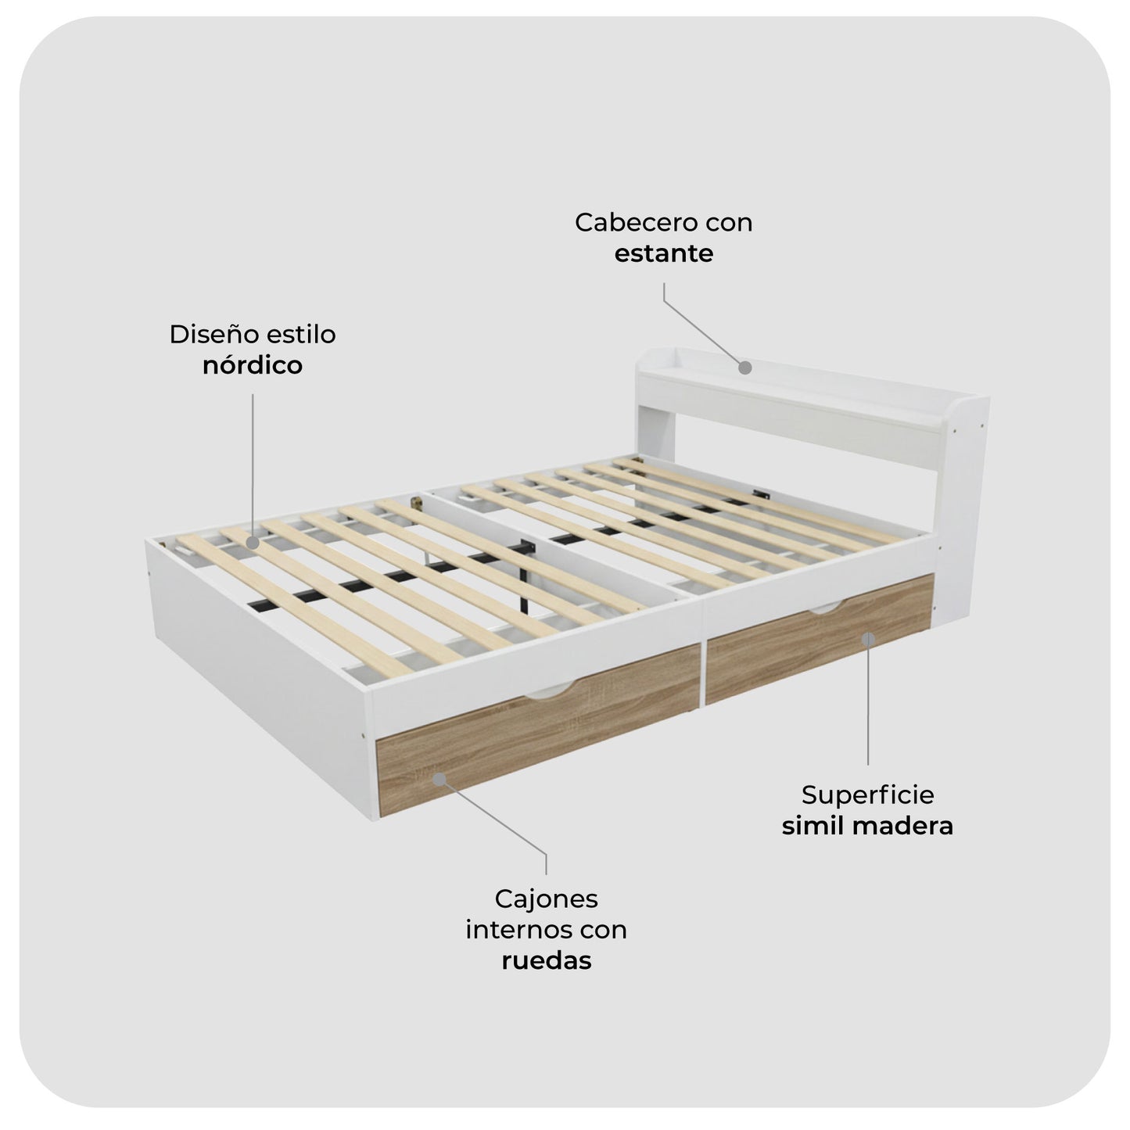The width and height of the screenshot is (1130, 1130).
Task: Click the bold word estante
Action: click(663, 253)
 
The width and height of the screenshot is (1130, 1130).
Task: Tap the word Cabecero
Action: click(623, 222)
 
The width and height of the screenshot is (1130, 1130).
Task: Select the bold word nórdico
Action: click(252, 365)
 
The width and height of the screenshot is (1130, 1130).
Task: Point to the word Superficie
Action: click(867, 795)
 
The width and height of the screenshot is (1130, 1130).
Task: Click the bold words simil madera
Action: click(867, 827)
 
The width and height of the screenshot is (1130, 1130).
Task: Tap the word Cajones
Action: click(546, 899)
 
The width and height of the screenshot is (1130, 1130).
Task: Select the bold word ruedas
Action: click(546, 960)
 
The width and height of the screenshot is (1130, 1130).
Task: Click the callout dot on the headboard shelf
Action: click(745, 367)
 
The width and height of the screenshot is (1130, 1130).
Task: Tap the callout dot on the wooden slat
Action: click(253, 542)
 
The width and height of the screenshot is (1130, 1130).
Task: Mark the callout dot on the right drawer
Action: click(868, 639)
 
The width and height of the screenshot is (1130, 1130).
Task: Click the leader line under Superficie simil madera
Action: click(868, 704)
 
